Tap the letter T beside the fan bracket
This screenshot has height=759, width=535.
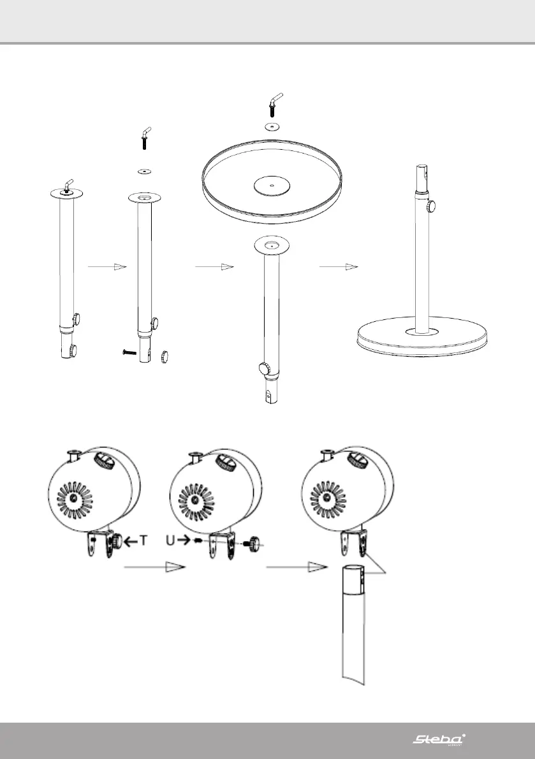pos(144,540)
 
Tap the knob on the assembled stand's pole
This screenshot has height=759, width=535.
pos(432,206)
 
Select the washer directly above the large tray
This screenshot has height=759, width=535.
pos(273,126)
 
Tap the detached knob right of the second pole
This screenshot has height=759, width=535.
pos(165,355)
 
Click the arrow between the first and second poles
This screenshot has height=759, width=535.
pos(103,268)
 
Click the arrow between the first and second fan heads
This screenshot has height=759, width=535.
pos(150,566)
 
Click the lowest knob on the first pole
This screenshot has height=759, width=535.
pos(73,350)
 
